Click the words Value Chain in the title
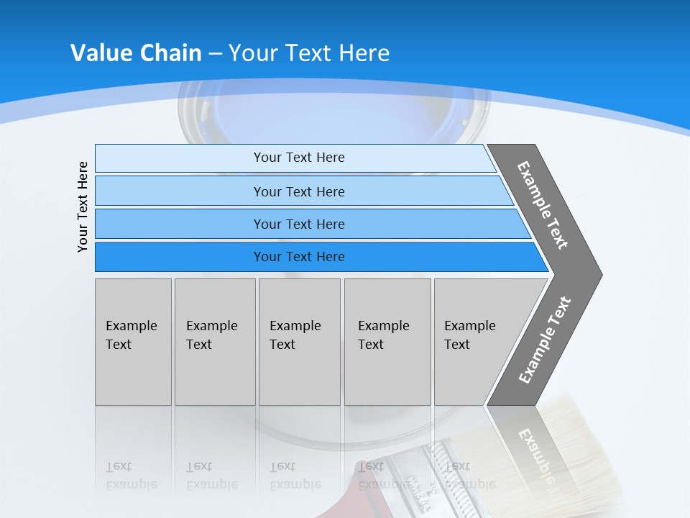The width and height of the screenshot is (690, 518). pyautogui.click(x=136, y=53)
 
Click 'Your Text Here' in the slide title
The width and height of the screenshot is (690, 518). pyautogui.click(x=309, y=53)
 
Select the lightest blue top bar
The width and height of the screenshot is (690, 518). pyautogui.click(x=298, y=158)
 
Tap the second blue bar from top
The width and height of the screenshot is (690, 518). pyautogui.click(x=298, y=191)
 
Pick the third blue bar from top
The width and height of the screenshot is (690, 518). pyautogui.click(x=298, y=224)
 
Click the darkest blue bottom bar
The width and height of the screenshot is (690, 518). pyautogui.click(x=298, y=257)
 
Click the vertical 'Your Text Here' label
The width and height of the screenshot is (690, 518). pyautogui.click(x=83, y=206)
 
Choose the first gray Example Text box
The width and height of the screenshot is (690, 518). pyautogui.click(x=133, y=342)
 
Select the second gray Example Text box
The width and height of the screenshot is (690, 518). pyautogui.click(x=214, y=342)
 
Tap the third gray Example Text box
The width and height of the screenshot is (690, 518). pyautogui.click(x=298, y=342)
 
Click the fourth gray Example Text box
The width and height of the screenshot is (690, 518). pyautogui.click(x=387, y=342)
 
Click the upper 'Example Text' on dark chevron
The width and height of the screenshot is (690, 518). pyautogui.click(x=543, y=205)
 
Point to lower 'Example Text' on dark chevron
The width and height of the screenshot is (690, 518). pyautogui.click(x=544, y=340)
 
